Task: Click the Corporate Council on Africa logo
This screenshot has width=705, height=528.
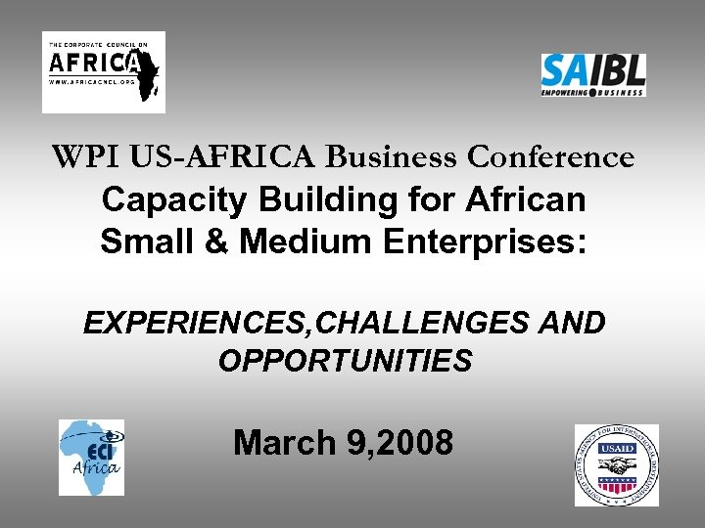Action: (103, 71)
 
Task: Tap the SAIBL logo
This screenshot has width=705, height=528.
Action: (593, 74)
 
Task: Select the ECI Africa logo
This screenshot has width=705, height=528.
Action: (91, 457)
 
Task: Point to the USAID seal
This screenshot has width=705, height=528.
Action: (616, 464)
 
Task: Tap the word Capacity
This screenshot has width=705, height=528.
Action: (175, 200)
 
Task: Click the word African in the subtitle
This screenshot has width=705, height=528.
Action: (526, 200)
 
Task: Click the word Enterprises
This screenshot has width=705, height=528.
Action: (486, 242)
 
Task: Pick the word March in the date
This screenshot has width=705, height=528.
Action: (285, 443)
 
